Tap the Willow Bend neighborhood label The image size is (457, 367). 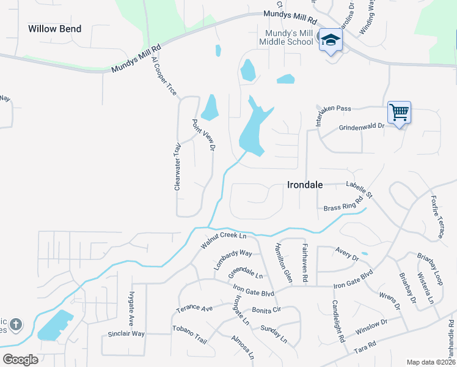[55, 28]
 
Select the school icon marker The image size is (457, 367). [331, 40]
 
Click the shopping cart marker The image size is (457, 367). [399, 113]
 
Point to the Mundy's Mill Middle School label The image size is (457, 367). [286, 37]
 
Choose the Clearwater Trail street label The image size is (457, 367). [178, 166]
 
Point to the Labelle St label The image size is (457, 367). [359, 189]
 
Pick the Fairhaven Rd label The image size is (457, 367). [304, 262]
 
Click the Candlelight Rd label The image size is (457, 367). [338, 321]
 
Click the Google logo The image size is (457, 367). [20, 360]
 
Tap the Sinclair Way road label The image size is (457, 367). [126, 334]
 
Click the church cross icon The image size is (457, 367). [16, 324]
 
